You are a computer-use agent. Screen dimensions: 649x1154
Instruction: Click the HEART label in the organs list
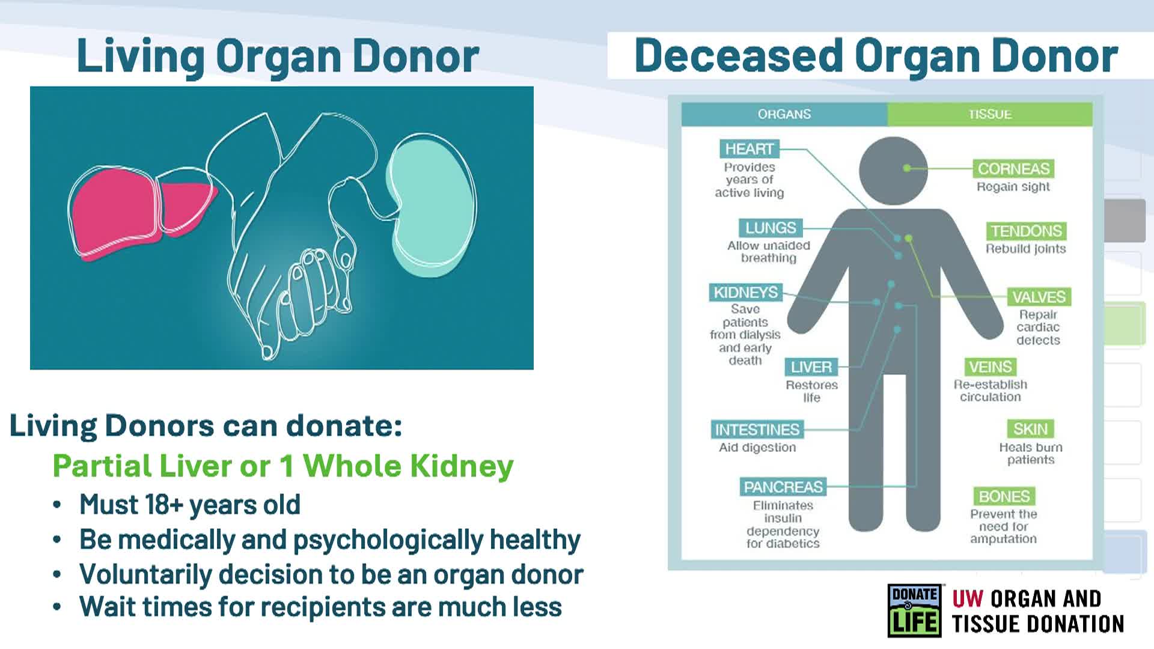(749, 148)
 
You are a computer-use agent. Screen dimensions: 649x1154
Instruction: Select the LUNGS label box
(770, 228)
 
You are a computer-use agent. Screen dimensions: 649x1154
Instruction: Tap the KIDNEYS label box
(745, 292)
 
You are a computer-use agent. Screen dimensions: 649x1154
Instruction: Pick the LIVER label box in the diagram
(811, 367)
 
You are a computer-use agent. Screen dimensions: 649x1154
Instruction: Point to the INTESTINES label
(757, 430)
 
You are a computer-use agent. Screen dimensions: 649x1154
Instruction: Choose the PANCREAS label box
(783, 487)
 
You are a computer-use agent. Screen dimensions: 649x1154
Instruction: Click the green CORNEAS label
(1013, 169)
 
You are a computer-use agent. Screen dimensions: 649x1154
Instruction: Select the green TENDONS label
(1026, 231)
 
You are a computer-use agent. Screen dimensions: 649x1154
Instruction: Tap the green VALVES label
(1039, 297)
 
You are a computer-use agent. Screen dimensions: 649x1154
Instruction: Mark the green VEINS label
(990, 367)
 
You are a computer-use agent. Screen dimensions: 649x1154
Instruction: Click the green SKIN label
(1030, 429)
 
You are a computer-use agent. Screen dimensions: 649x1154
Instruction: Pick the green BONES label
(1004, 496)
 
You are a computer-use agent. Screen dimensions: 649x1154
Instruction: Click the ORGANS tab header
(784, 114)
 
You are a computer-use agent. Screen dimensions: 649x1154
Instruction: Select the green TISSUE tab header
(990, 114)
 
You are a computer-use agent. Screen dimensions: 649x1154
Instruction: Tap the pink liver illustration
(132, 210)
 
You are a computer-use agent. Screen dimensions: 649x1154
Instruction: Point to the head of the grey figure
(893, 171)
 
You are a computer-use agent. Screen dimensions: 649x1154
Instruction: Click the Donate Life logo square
(914, 611)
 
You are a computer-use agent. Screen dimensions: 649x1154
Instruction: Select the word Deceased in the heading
(739, 56)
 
